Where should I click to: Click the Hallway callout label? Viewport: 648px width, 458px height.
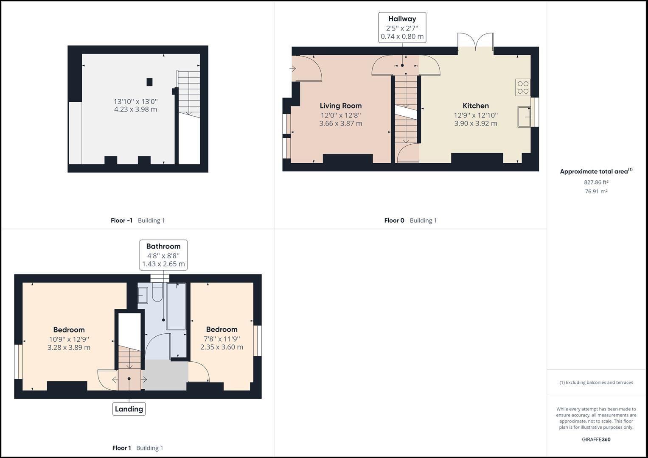click(402, 19)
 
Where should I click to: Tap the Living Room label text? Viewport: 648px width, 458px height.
click(340, 106)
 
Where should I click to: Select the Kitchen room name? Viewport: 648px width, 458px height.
click(475, 106)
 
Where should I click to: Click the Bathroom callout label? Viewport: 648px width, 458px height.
click(163, 246)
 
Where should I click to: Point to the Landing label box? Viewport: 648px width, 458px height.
click(129, 409)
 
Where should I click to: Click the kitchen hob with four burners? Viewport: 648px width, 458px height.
click(523, 87)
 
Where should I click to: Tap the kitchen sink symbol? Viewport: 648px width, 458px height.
click(524, 117)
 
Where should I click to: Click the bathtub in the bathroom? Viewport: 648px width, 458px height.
click(176, 306)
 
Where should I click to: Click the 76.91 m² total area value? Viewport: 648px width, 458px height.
click(596, 191)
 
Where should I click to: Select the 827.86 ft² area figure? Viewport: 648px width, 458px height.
click(596, 182)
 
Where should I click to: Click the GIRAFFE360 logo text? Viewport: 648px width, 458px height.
click(596, 439)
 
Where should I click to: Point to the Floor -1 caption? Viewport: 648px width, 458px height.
click(121, 221)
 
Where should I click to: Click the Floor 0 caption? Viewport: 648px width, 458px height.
click(394, 221)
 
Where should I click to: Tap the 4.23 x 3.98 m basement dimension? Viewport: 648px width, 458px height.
click(135, 109)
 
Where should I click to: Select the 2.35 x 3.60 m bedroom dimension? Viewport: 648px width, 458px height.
click(222, 347)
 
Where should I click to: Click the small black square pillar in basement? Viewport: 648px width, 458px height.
click(149, 82)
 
